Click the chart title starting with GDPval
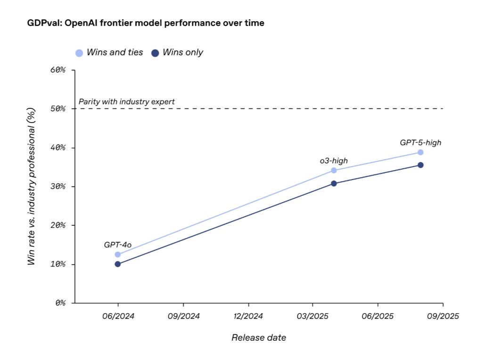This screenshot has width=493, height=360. click(x=146, y=23)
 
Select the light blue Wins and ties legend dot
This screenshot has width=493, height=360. click(x=79, y=53)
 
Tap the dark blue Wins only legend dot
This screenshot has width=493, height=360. click(x=155, y=53)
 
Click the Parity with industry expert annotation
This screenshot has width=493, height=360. click(x=126, y=101)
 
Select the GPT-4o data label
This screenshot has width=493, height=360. click(x=117, y=245)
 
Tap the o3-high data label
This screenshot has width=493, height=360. click(x=334, y=161)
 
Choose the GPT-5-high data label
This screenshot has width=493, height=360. click(x=420, y=142)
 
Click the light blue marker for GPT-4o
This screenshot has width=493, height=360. click(x=118, y=254)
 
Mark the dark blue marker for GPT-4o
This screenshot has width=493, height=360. click(x=118, y=264)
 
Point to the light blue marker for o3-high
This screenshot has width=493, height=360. click(x=334, y=171)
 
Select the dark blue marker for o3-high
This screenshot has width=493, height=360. click(x=334, y=183)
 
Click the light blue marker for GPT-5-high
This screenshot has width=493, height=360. click(x=420, y=152)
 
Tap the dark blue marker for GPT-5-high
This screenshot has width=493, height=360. click(x=420, y=165)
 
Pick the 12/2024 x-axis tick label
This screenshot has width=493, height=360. click(x=248, y=316)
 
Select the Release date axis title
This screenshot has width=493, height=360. click(x=258, y=337)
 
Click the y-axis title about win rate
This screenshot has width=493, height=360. click(x=32, y=187)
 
